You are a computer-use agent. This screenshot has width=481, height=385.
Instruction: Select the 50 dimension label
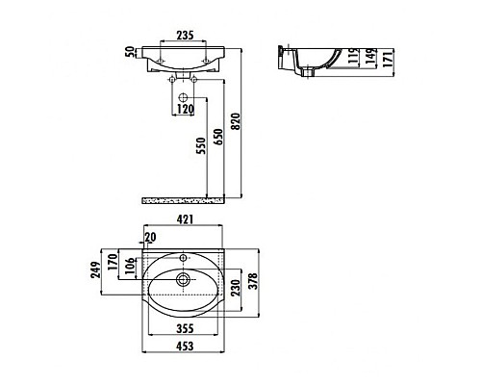click(130, 51)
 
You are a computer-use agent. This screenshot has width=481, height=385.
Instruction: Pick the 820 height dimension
click(247, 118)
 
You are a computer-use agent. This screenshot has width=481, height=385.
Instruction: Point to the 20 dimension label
click(149, 238)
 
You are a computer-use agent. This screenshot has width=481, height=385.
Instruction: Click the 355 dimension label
click(186, 328)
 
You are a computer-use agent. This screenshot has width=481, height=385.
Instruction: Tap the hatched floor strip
click(184, 200)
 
